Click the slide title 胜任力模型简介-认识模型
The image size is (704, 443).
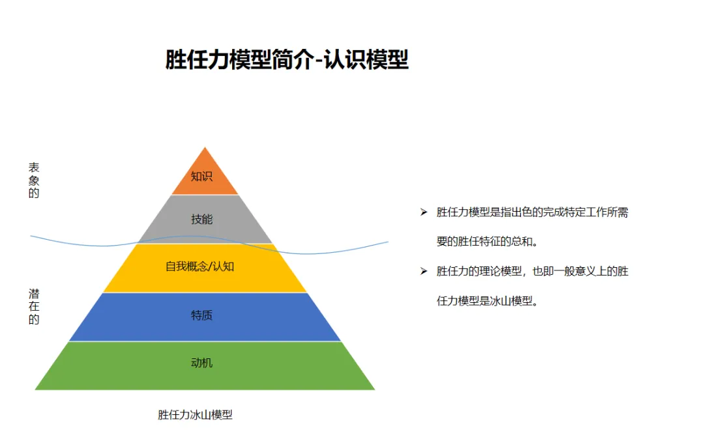[x=287, y=60]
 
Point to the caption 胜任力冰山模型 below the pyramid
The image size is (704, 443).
[x=195, y=414]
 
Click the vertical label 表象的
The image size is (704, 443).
[x=34, y=180]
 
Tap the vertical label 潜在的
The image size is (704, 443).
[x=34, y=307]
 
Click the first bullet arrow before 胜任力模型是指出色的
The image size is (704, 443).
[x=424, y=212]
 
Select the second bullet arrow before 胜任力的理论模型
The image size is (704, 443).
[x=424, y=271]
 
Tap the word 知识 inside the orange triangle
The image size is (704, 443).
[x=201, y=177]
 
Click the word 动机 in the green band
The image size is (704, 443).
[x=201, y=363]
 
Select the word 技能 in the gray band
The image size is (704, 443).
[x=201, y=220]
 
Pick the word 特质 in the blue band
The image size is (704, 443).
[x=201, y=316]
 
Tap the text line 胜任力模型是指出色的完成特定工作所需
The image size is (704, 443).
[x=533, y=212]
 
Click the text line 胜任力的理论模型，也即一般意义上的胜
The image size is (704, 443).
[x=533, y=271]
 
